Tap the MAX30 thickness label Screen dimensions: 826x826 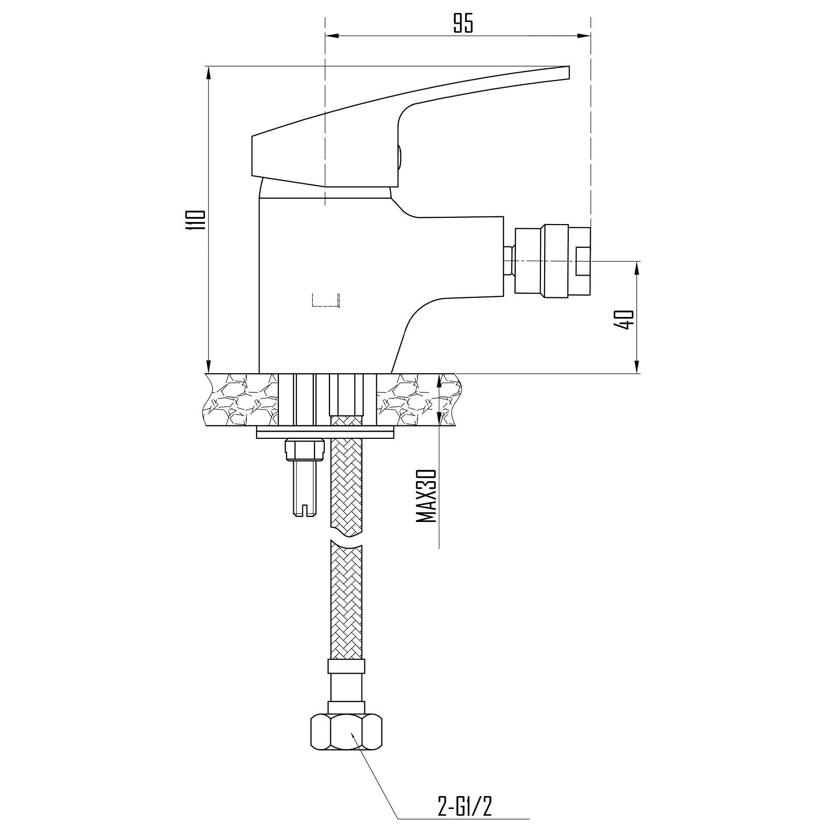click(x=426, y=496)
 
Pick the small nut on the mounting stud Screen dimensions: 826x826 click(x=305, y=449)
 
